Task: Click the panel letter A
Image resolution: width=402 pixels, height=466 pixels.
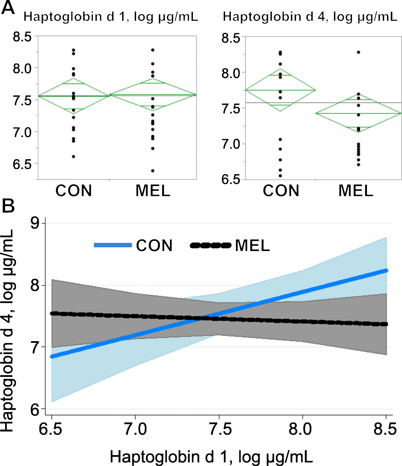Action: pos(8,7)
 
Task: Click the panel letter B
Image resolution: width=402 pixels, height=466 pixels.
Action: pos(8,206)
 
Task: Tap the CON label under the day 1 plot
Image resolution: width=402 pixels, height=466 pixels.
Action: pos(74,191)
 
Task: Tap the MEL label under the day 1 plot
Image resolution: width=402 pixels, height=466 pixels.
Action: pos(153,191)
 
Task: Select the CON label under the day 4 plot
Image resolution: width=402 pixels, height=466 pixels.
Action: pos(281,191)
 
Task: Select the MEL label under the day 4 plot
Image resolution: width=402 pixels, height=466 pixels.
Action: pos(356,191)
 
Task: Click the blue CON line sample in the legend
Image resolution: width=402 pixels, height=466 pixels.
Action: pos(113,245)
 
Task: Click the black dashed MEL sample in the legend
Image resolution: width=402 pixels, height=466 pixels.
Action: pos(211,245)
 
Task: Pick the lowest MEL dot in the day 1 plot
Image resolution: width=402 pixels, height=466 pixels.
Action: pos(153,171)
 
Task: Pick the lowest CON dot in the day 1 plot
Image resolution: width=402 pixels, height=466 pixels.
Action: pos(73,156)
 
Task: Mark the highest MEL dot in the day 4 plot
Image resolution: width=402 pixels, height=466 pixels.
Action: pos(358,52)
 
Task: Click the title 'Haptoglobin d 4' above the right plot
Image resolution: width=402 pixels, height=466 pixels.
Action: pos(310,16)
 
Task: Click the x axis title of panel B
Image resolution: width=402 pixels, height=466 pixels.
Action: pos(211,456)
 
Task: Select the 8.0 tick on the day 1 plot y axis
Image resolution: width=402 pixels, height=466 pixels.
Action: pos(22,68)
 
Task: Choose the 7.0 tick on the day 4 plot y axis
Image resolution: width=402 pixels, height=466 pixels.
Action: pos(231,144)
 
